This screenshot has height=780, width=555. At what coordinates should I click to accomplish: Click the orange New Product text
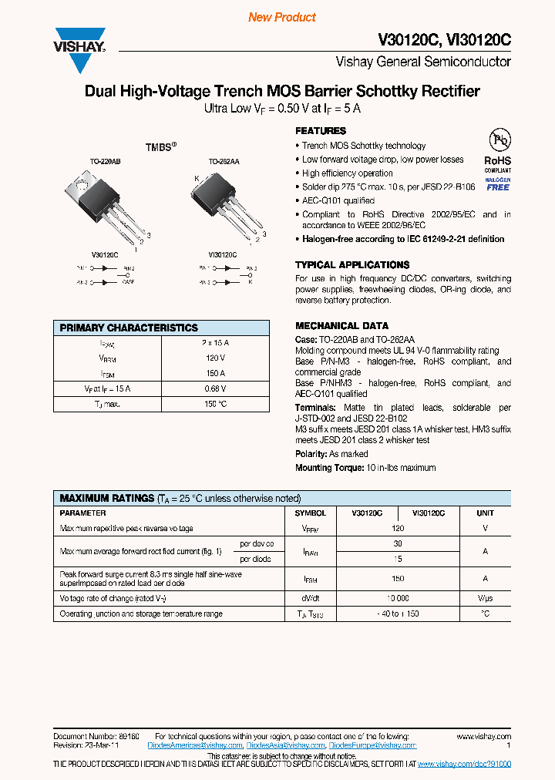[x=282, y=17]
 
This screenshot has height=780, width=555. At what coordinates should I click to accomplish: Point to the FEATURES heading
[x=321, y=131]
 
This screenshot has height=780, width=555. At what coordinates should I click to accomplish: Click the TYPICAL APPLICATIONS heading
[x=352, y=264]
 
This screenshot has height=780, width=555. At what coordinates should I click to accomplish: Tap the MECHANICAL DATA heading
[x=341, y=325]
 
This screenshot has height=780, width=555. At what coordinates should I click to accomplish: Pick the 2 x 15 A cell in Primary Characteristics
[x=215, y=343]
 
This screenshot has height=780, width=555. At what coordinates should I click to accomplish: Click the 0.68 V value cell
[x=215, y=388]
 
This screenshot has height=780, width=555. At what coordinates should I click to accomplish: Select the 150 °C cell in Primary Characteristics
[x=215, y=404]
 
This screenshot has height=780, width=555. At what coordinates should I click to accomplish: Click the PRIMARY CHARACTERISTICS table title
[x=129, y=328]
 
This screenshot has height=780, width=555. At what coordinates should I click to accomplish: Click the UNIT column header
[x=485, y=513]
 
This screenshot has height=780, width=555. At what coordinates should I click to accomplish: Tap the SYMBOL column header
[x=311, y=513]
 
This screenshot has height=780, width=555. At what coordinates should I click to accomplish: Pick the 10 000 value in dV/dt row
[x=398, y=598]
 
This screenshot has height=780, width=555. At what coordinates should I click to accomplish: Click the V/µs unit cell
[x=485, y=598]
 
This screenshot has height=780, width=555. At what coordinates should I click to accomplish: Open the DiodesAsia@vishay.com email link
[x=285, y=745]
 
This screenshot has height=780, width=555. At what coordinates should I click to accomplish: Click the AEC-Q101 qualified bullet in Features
[x=338, y=200]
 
